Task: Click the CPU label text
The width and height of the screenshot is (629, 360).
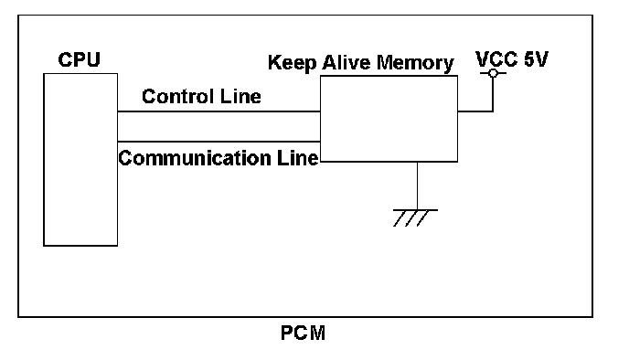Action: click(x=79, y=59)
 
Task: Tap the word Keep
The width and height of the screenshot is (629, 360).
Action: click(x=292, y=63)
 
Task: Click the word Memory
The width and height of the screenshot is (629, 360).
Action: click(x=415, y=64)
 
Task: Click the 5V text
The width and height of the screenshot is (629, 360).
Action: click(x=536, y=59)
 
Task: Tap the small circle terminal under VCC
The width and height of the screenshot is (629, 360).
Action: click(x=493, y=73)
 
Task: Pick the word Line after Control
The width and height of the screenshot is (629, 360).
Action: click(x=240, y=97)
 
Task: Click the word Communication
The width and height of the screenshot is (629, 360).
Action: click(x=195, y=158)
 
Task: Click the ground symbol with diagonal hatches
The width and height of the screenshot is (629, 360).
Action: click(x=415, y=217)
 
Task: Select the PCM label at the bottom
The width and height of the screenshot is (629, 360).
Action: click(x=303, y=334)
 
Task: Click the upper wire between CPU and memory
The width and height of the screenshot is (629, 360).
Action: click(x=219, y=111)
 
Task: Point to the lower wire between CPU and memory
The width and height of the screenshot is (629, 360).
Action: click(x=219, y=142)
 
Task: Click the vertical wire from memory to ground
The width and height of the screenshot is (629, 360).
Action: click(x=417, y=185)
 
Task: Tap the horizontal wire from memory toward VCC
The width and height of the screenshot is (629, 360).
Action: click(x=475, y=111)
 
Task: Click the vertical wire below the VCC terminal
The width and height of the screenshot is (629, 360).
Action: click(x=493, y=94)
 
